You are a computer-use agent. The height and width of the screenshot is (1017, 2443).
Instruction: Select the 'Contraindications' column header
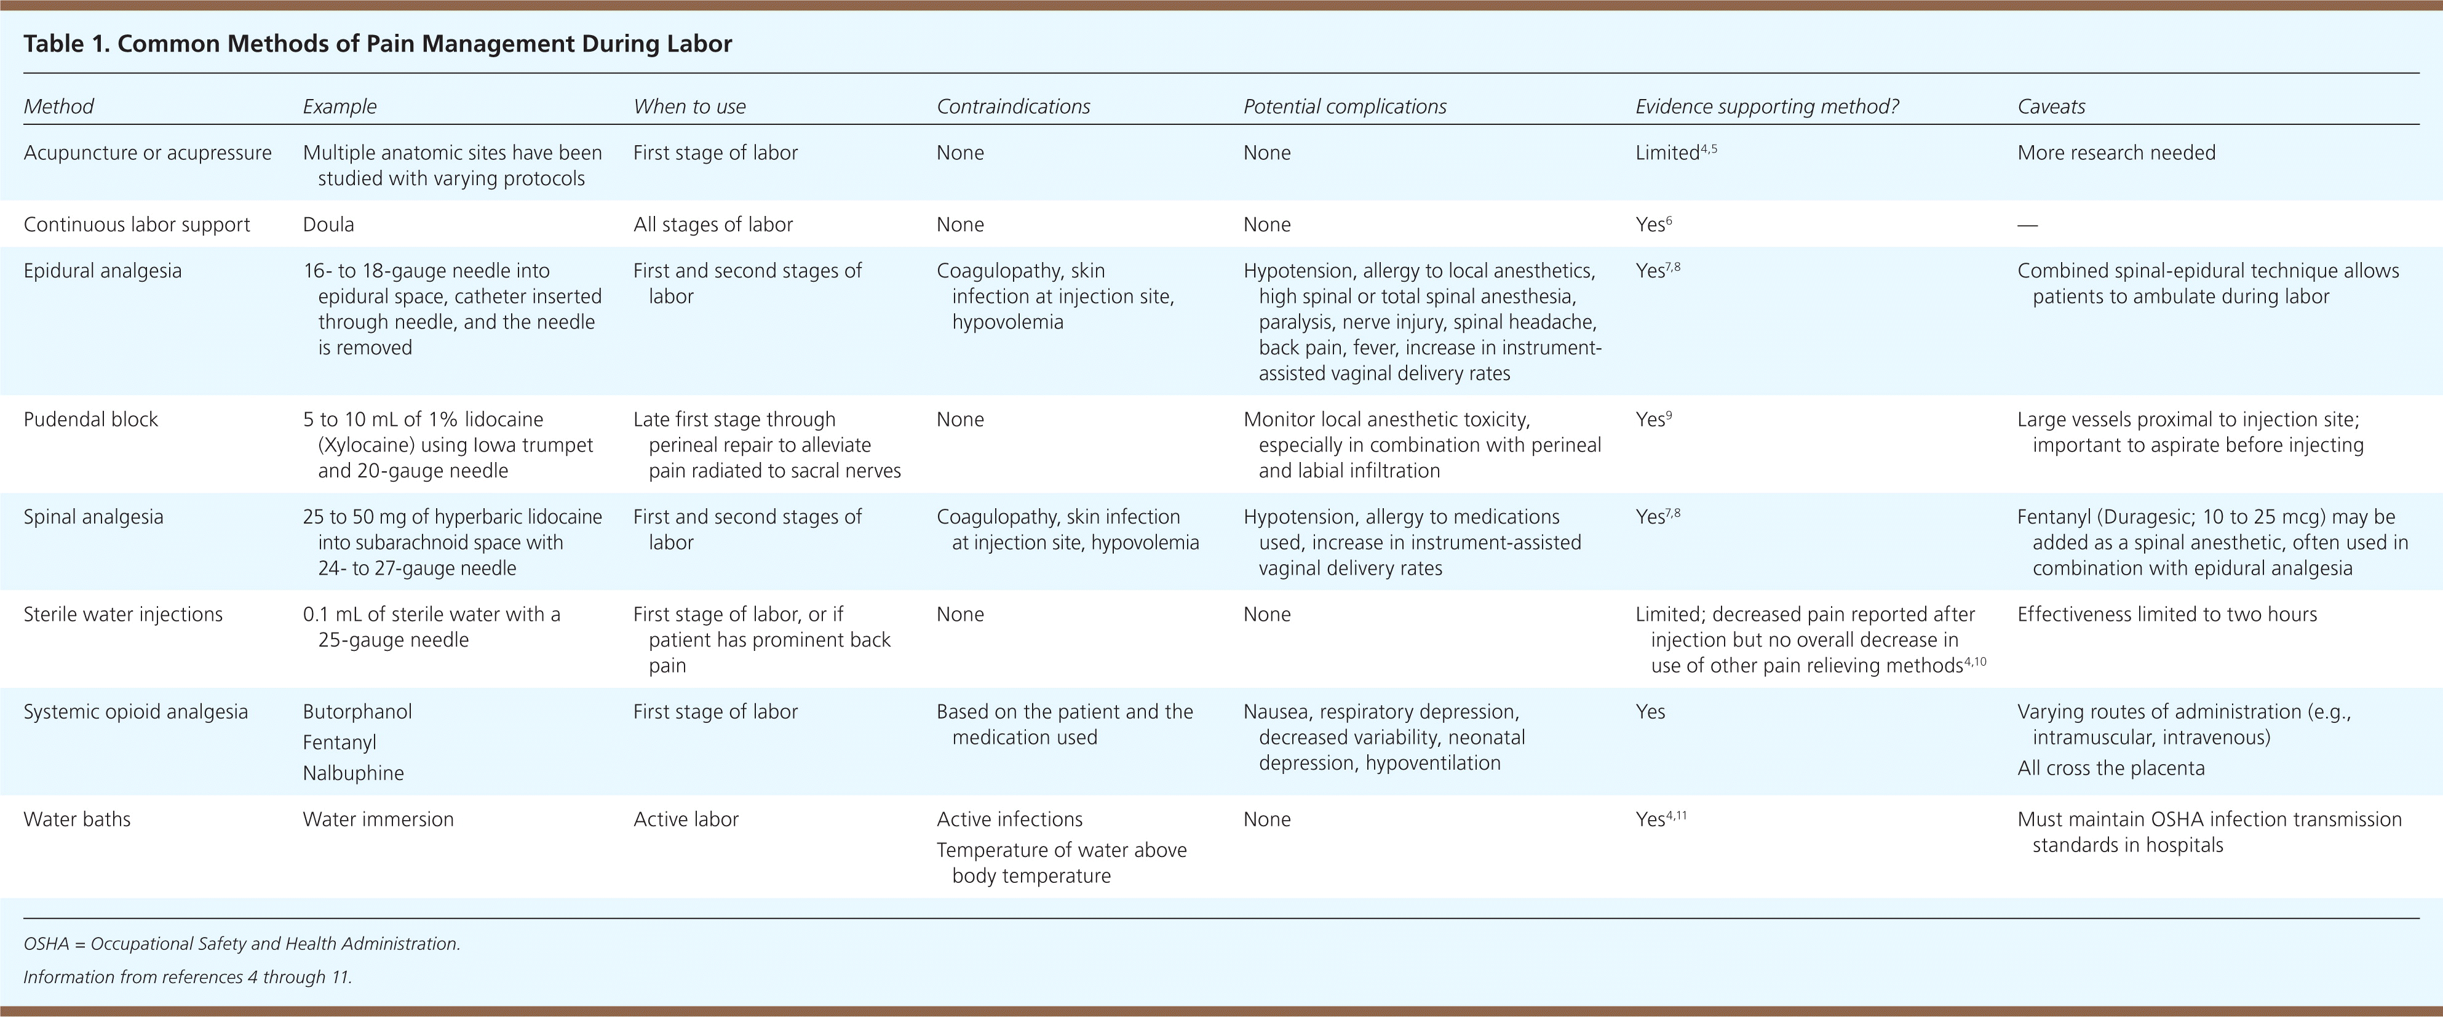(x=1013, y=106)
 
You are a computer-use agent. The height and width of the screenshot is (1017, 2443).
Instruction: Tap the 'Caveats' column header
(x=2051, y=106)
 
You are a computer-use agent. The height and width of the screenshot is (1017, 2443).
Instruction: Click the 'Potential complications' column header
(x=1344, y=106)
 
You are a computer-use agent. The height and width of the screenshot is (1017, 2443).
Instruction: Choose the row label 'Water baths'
(x=77, y=819)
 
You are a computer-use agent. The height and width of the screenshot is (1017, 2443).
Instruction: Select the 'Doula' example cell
(x=328, y=225)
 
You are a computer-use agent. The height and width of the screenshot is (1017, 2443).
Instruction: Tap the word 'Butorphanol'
(x=357, y=711)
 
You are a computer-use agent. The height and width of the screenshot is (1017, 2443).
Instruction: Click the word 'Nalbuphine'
(x=353, y=773)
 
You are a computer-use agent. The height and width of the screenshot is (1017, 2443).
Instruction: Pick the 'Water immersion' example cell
(x=378, y=819)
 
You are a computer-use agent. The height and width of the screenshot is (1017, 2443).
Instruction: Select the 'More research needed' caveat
(x=2116, y=153)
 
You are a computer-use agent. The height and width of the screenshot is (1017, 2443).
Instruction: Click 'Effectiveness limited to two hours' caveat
(x=2166, y=614)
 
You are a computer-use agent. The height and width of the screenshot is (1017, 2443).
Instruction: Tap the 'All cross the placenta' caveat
(x=2110, y=768)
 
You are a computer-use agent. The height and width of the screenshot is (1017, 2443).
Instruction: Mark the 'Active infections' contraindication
(x=1009, y=819)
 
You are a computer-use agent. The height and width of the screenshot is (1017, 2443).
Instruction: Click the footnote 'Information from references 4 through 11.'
(x=188, y=976)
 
